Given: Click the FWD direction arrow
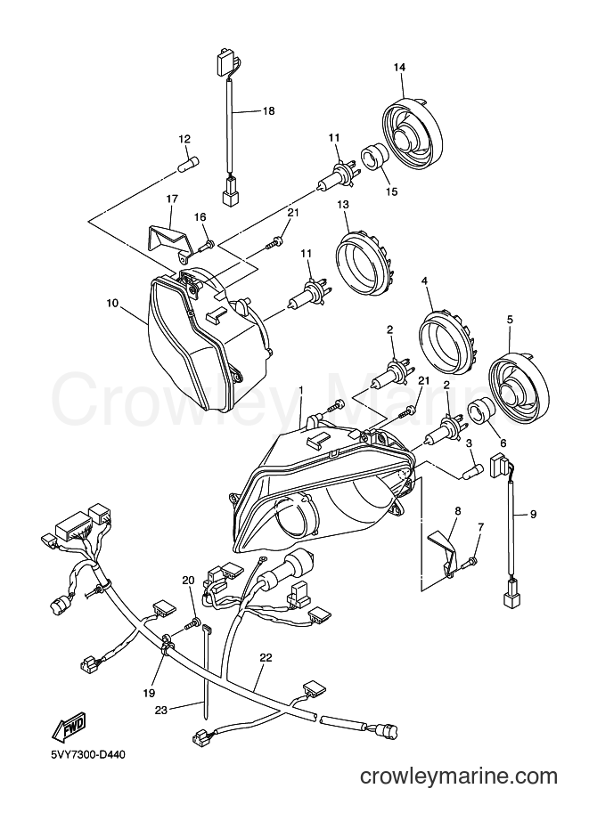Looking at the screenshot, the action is [x=67, y=726].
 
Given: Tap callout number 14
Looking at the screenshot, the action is [x=399, y=67].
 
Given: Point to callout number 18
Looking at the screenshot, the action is [x=269, y=110].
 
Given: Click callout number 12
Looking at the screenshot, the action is [x=184, y=139].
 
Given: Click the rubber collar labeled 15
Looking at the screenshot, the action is [x=374, y=157].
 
